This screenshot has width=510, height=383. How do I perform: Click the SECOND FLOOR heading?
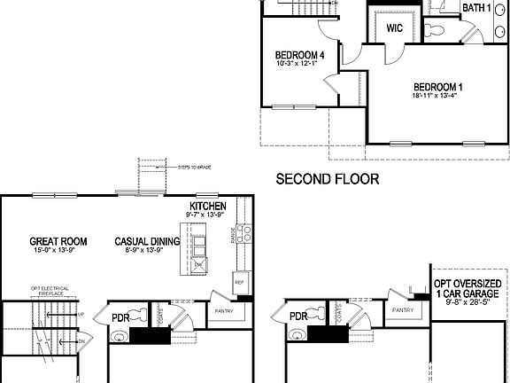point(328,179)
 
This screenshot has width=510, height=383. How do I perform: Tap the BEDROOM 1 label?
point(437,87)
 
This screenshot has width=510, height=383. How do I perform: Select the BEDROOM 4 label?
point(298,55)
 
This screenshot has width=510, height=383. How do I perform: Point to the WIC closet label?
point(395,27)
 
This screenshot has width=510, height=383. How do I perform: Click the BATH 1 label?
point(477,8)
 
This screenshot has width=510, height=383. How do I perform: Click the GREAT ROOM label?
point(58,240)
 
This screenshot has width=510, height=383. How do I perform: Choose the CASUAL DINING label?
point(147,240)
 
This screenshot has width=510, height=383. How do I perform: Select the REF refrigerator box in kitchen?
point(239,283)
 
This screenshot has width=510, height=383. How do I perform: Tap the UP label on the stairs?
point(81,314)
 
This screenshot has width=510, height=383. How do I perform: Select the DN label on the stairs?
point(81,341)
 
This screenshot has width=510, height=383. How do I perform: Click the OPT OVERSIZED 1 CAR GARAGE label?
point(467,289)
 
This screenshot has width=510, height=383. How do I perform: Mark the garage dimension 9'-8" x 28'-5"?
point(467,303)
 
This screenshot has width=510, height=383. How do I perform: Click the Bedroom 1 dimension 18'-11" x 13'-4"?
point(437,98)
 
